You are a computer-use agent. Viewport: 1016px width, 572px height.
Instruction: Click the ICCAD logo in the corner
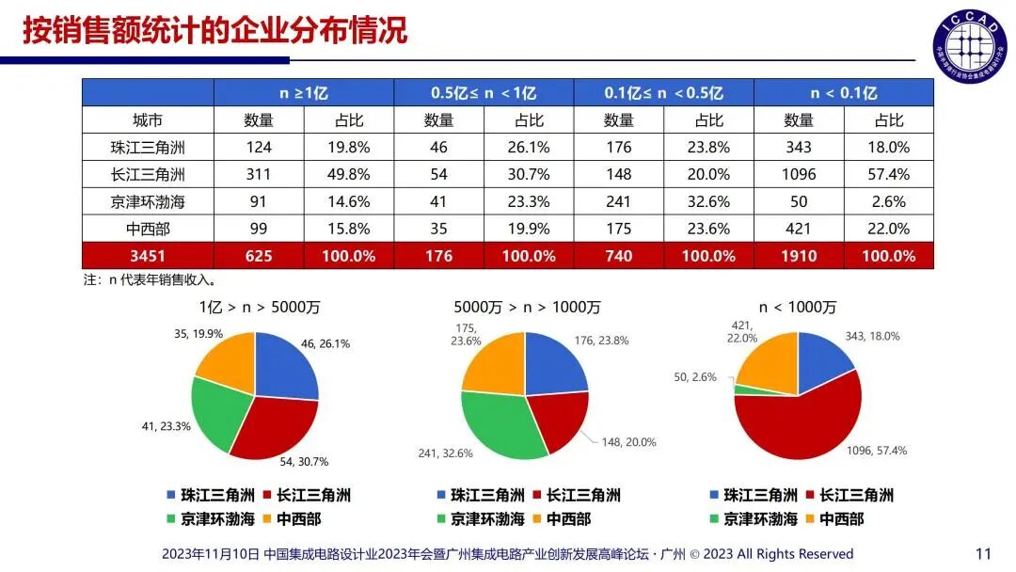969,45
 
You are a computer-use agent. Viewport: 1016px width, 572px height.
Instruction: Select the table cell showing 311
260,174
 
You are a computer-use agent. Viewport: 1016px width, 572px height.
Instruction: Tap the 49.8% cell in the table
350,174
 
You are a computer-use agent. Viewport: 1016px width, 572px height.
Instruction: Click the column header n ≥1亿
304,92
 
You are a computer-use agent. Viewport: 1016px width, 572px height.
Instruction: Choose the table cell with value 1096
799,174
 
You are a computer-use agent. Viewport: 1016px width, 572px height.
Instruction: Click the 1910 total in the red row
799,256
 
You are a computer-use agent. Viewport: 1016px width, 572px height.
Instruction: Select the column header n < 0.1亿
843,92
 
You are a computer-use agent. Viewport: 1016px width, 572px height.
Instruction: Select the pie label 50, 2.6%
696,377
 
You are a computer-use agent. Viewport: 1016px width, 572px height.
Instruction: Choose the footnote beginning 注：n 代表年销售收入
151,279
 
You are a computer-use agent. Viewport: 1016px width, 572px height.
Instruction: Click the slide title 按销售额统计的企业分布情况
214,30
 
